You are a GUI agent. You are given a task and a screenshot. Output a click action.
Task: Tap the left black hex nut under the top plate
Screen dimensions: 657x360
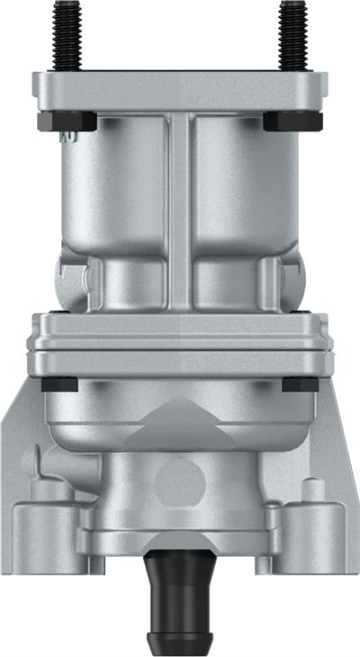coord(67,121)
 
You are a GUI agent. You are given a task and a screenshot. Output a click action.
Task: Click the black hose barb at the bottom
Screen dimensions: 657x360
coord(180,599)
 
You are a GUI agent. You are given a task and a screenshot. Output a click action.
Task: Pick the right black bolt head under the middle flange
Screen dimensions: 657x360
coord(300,384)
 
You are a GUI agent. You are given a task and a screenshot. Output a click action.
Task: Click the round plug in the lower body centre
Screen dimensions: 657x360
coord(173,481)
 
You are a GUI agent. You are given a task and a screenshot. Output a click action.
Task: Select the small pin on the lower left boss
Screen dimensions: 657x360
coord(45,490)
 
